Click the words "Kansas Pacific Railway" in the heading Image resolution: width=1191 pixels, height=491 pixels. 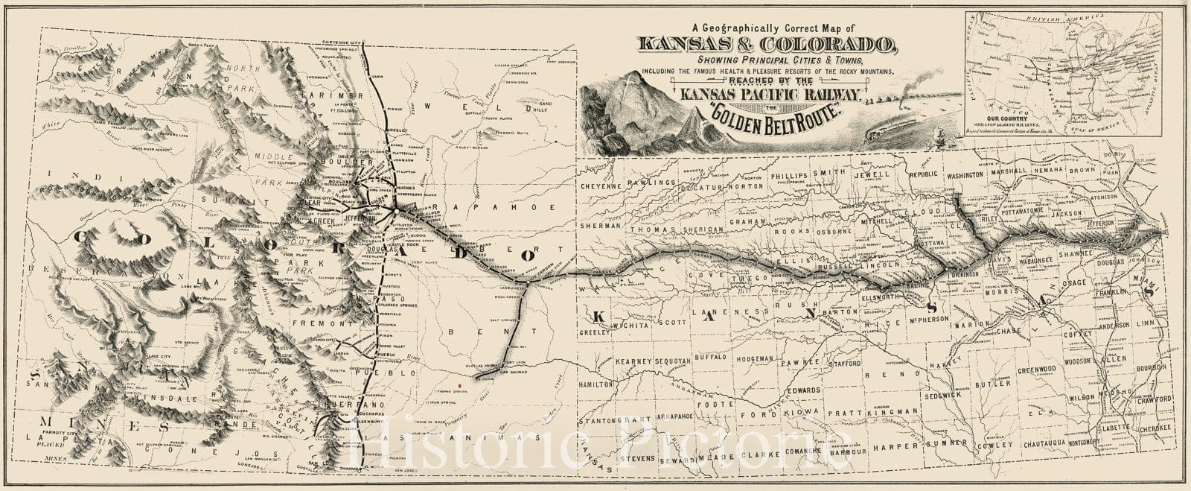(770, 94)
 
